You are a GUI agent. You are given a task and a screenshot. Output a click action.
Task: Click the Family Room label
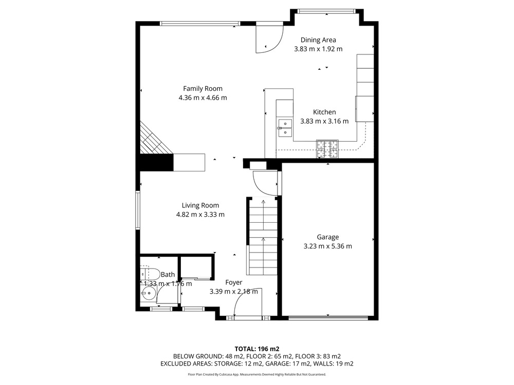(x=203, y=88)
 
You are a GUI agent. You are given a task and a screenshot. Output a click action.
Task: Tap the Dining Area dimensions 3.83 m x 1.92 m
(x=318, y=49)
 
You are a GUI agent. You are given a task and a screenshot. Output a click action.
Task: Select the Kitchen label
(x=324, y=112)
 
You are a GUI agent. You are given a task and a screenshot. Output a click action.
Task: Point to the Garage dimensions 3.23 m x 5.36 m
(x=328, y=246)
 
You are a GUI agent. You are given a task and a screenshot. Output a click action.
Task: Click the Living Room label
(x=200, y=206)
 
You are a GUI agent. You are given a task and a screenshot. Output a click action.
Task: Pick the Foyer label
(x=234, y=282)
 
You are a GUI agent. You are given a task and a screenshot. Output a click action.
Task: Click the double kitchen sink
(x=285, y=128)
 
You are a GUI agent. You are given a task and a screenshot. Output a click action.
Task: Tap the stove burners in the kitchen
(x=327, y=149)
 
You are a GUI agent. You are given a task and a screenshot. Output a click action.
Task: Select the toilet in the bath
(x=150, y=274)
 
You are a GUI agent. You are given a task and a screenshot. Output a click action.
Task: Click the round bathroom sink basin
(x=150, y=293)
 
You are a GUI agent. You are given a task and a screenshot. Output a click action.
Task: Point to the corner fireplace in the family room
(x=154, y=139)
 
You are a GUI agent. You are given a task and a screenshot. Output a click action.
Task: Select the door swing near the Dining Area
(x=270, y=38)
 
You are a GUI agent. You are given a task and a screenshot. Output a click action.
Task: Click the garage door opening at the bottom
(x=328, y=317)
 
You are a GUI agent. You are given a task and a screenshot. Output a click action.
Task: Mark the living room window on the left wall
(x=138, y=210)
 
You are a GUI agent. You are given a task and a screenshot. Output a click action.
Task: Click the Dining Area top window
(x=326, y=11)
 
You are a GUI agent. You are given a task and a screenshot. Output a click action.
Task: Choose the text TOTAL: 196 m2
(x=257, y=349)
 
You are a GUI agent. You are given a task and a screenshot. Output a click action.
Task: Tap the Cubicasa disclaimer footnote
(x=257, y=374)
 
